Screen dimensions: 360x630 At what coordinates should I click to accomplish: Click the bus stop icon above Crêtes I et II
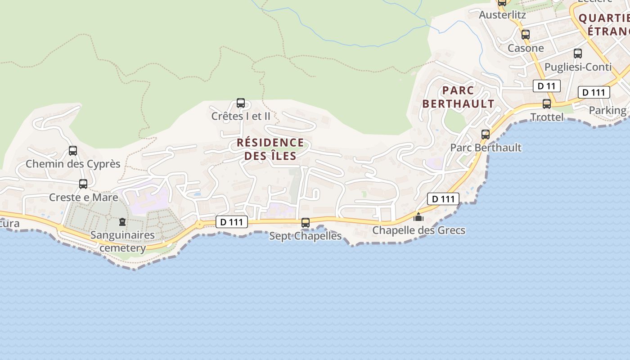(241, 103)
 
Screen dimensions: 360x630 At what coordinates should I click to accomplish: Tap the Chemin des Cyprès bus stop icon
(73, 151)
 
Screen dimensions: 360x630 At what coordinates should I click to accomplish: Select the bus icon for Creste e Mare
(83, 184)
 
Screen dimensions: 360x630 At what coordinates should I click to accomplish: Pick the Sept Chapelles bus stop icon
(306, 223)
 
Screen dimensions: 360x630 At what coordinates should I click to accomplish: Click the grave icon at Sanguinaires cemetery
(122, 222)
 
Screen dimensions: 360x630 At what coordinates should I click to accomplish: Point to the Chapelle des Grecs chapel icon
(418, 217)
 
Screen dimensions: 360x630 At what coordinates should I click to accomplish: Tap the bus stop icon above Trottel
(547, 104)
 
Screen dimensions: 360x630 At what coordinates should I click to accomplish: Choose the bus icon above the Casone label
(525, 35)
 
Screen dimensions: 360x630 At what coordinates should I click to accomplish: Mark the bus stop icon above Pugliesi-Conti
(578, 54)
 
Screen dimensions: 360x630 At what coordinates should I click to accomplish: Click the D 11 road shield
(546, 86)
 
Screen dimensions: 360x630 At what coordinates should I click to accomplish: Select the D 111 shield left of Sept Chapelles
(232, 222)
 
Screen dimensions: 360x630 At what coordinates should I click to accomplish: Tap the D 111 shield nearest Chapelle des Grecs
(443, 199)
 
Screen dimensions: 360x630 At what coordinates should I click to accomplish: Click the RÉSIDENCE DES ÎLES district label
(270, 149)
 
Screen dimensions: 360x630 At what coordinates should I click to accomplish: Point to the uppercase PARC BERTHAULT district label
(458, 97)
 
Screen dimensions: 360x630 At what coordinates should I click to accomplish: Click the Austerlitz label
(502, 15)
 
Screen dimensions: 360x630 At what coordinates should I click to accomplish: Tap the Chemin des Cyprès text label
(73, 164)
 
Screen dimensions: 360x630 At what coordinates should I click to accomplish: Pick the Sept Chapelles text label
(306, 236)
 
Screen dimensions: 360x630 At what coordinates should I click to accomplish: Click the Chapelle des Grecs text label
(418, 230)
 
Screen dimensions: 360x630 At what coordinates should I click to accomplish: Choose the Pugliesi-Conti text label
(578, 67)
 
